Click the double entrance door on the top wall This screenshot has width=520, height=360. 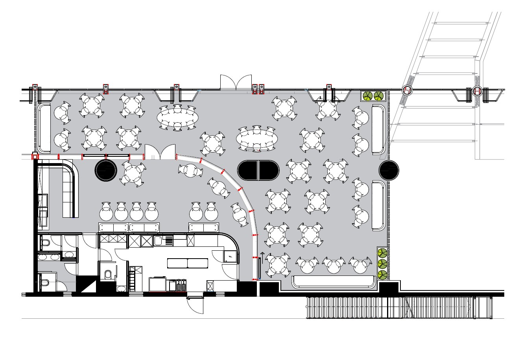click(x=236, y=83)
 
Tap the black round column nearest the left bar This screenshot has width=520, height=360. click(x=106, y=170)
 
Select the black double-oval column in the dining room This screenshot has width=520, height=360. click(x=258, y=170)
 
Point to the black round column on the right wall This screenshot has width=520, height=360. click(x=389, y=170)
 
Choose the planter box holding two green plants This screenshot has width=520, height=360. click(x=373, y=96)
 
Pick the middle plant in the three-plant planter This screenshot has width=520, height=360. click(x=382, y=263)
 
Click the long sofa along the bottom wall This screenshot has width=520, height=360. click(x=333, y=281)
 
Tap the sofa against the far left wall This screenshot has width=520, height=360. click(x=44, y=128)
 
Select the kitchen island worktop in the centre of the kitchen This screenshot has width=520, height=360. click(x=188, y=263)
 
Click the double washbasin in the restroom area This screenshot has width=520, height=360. click(x=50, y=257)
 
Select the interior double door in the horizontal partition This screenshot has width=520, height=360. click(x=160, y=152)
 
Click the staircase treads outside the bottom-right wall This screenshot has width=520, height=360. click(x=397, y=307)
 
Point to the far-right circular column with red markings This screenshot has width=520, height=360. click(x=478, y=91)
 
